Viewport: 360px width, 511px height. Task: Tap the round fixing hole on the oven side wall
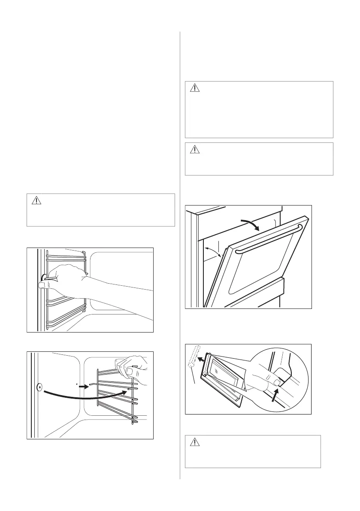tap(39, 387)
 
